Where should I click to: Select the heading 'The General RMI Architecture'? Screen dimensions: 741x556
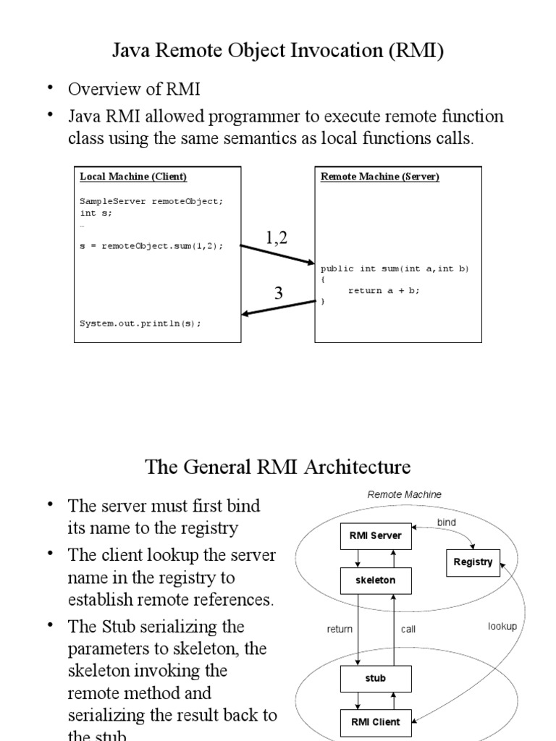pyautogui.click(x=278, y=466)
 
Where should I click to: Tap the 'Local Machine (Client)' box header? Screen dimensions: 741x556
pyautogui.click(x=133, y=177)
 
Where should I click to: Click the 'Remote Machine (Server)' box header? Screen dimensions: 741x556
pyautogui.click(x=380, y=177)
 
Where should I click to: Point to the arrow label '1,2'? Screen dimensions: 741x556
pyautogui.click(x=276, y=237)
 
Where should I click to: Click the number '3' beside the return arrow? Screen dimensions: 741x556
pyautogui.click(x=278, y=293)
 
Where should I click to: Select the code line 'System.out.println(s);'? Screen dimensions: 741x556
pyautogui.click(x=140, y=323)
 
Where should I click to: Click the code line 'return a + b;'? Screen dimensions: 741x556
pyautogui.click(x=384, y=290)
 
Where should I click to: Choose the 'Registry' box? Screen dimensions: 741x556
pyautogui.click(x=473, y=562)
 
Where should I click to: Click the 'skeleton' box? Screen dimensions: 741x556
pyautogui.click(x=376, y=580)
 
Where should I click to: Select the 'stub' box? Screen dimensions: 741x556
pyautogui.click(x=376, y=678)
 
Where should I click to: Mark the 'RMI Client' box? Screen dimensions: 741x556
pyautogui.click(x=376, y=721)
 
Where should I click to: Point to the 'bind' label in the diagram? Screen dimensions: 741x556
pyautogui.click(x=447, y=522)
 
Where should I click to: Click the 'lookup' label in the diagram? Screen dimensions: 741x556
pyautogui.click(x=502, y=626)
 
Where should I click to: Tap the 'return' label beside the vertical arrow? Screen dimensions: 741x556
pyautogui.click(x=340, y=629)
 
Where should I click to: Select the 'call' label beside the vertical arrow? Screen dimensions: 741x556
pyautogui.click(x=408, y=629)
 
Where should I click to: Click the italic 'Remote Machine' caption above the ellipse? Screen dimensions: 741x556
pyautogui.click(x=404, y=494)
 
